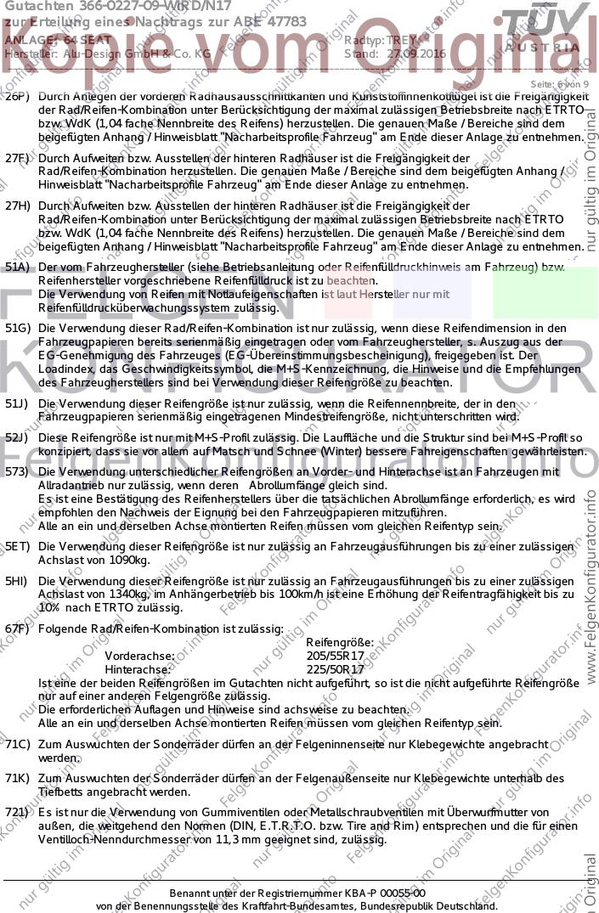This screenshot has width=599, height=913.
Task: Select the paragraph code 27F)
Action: coord(17,158)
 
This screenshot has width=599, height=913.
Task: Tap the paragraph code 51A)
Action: coord(17,268)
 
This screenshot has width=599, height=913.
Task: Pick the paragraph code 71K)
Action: coord(17,778)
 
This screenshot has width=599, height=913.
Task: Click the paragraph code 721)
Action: coord(17,813)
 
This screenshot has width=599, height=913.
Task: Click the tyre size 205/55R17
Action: coord(336,656)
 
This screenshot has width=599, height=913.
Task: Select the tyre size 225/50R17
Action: coord(336,669)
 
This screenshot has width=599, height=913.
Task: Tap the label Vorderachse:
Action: coord(139,656)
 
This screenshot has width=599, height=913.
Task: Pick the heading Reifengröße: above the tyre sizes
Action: coord(339,643)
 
